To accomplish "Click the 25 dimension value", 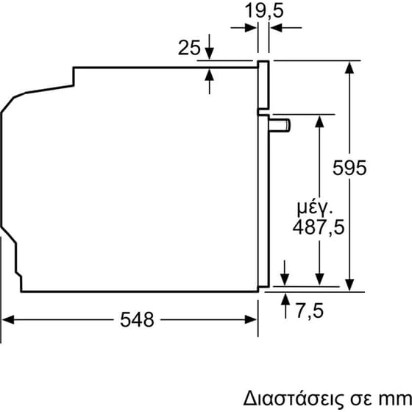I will pos(189,48).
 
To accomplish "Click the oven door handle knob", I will pos(281,124).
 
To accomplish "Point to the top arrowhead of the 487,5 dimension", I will pos(319,123).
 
